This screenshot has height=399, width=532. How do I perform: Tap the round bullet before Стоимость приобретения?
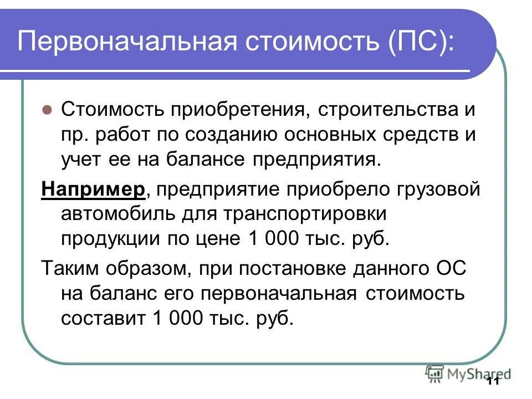pos(47,109)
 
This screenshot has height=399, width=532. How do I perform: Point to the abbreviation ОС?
pos(448,270)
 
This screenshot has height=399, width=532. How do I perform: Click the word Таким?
pos(69,270)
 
